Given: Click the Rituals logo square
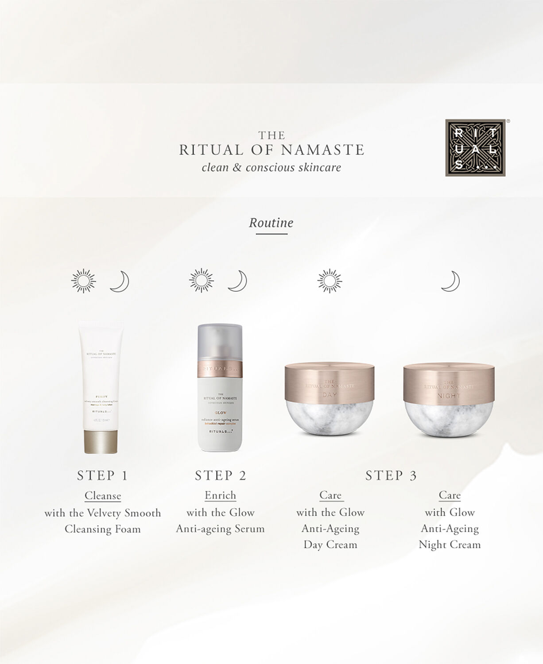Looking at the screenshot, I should (475, 147).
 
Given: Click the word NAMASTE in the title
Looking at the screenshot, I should (322, 150).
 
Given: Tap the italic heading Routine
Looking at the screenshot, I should (271, 223).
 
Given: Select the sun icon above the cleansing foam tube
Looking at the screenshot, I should (83, 281).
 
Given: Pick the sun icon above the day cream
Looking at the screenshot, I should (330, 281).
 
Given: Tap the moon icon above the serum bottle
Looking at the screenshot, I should (237, 281).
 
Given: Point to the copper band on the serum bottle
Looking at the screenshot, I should (220, 368).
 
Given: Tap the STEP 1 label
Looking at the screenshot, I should (102, 475).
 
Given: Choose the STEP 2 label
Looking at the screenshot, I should (220, 475).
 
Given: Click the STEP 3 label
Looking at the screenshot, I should (391, 475).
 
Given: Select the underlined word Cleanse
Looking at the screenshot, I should (103, 496).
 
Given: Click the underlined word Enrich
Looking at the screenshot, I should (220, 495).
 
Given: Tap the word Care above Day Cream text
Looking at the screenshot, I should (330, 495).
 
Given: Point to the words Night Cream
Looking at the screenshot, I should (450, 545).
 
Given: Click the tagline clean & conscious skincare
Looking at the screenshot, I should (271, 168).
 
